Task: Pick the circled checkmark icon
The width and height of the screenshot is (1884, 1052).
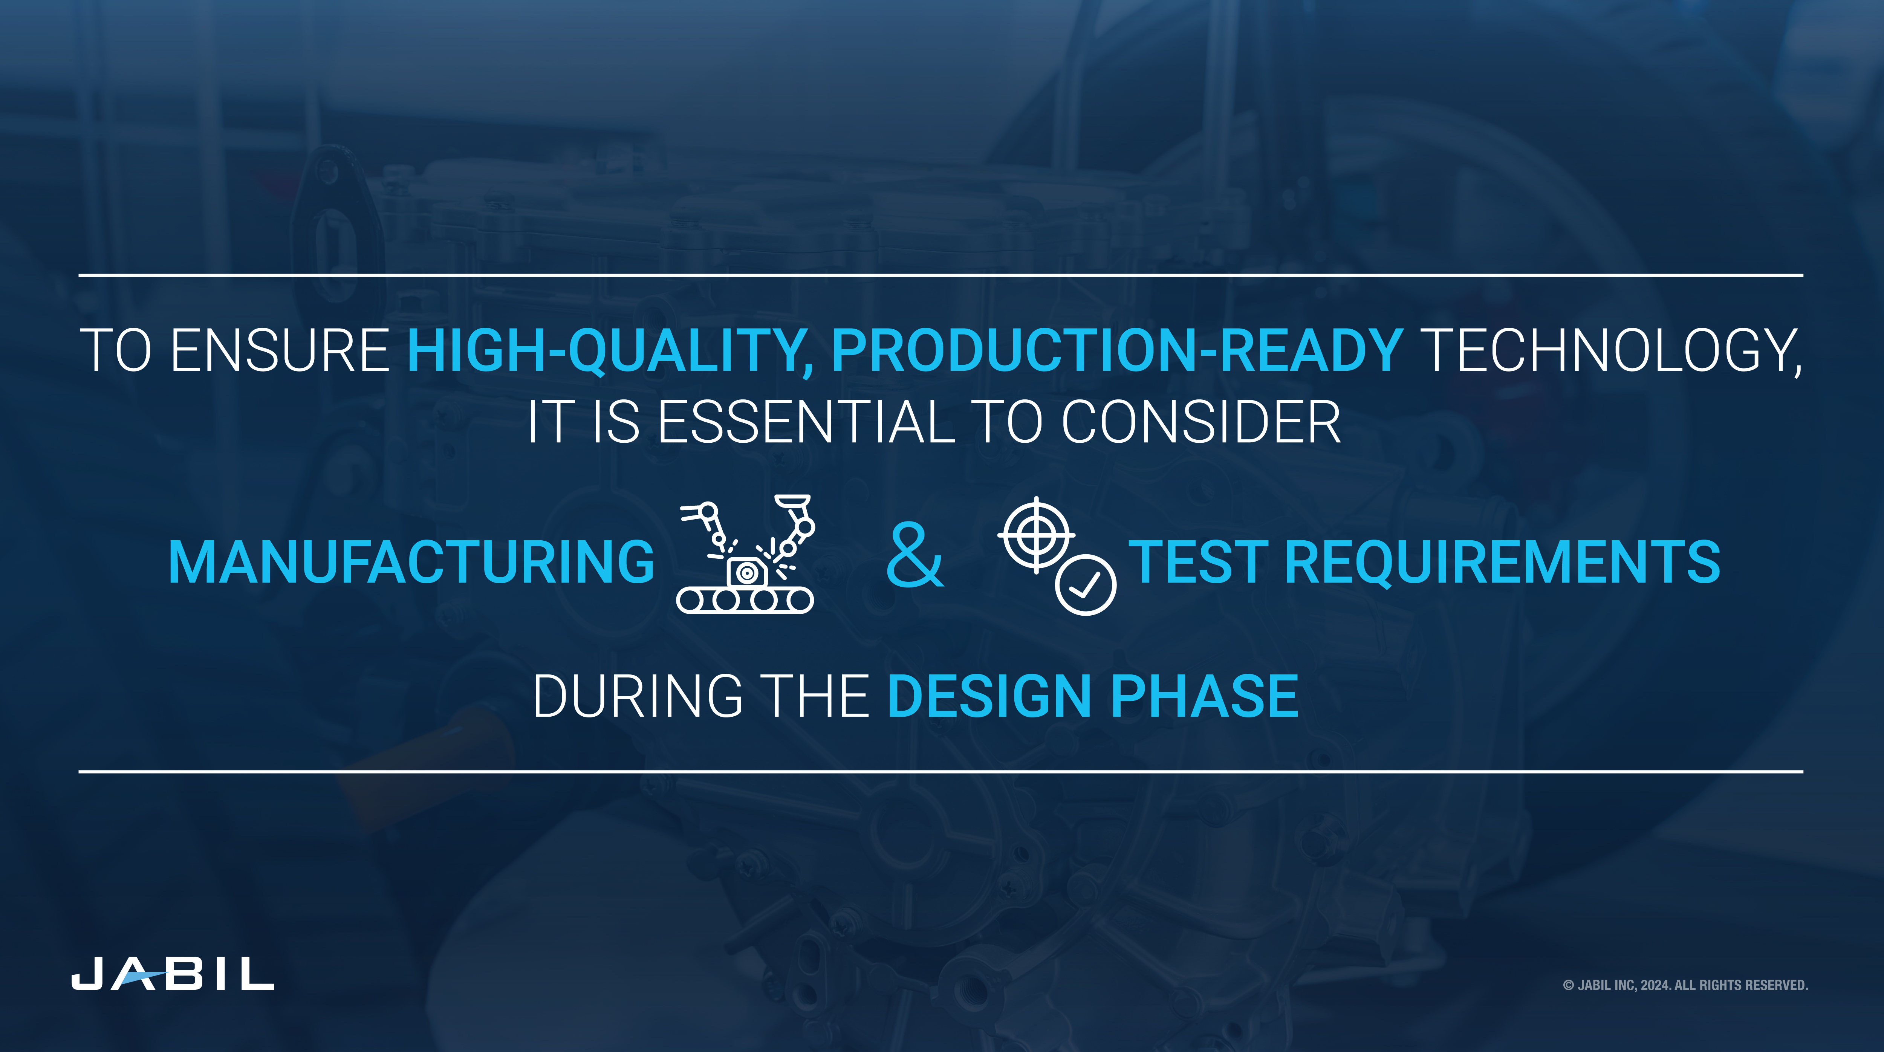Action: point(1085,584)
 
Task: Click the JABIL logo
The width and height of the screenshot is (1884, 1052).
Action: point(173,973)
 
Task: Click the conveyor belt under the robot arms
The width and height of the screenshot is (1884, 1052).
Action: point(745,600)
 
